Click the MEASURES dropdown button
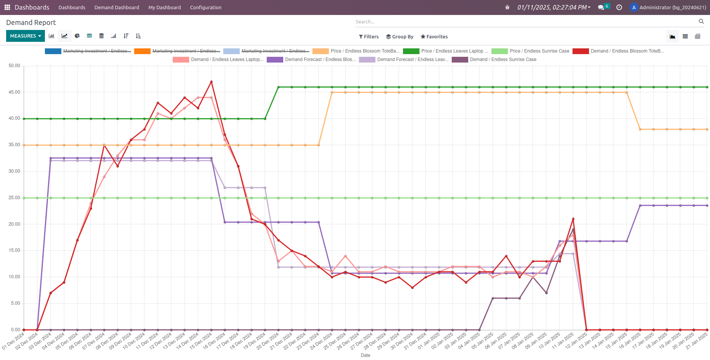25,36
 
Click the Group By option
400,37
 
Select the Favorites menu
434,37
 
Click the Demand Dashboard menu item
117,7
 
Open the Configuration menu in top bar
206,7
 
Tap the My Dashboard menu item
165,7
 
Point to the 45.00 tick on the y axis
14,92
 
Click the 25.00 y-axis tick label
14,198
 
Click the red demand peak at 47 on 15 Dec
211,82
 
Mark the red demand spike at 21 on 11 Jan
573,219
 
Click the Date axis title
365,355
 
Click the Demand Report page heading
31,23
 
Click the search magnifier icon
701,21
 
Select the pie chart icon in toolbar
77,36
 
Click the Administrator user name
672,7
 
